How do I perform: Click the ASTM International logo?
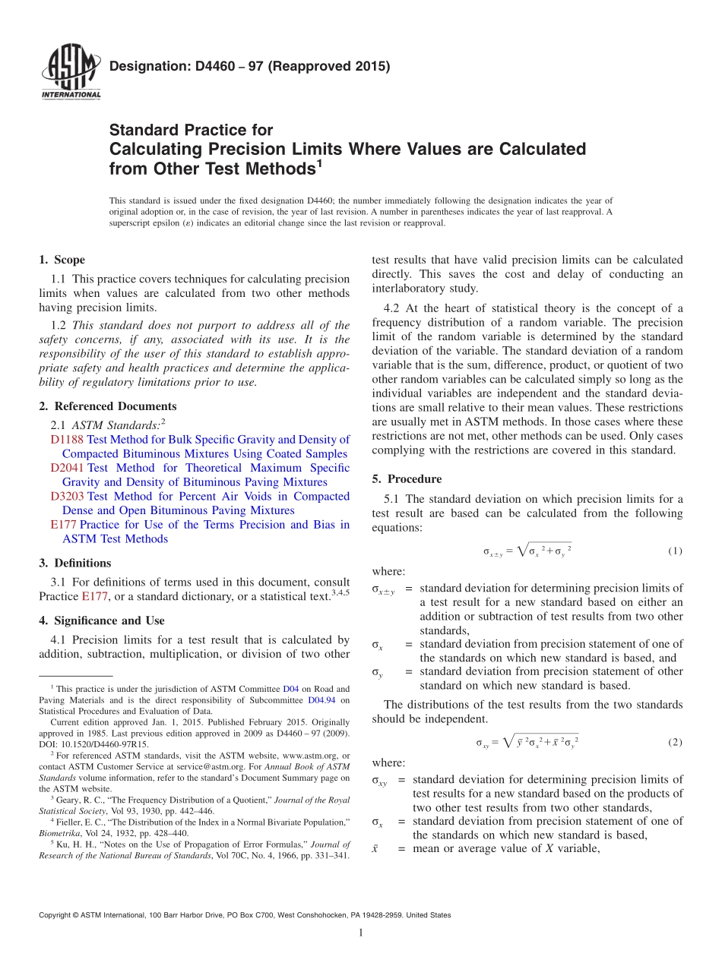tap(71, 74)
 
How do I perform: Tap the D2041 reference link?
tap(67, 468)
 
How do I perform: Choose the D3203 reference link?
tap(67, 497)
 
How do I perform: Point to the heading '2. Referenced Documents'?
tap(108, 406)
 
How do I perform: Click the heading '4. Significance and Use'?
tap(102, 620)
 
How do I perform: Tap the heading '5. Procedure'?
tap(407, 479)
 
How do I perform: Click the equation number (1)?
tap(675, 551)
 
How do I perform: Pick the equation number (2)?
tap(675, 742)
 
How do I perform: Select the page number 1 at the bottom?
tap(361, 933)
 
